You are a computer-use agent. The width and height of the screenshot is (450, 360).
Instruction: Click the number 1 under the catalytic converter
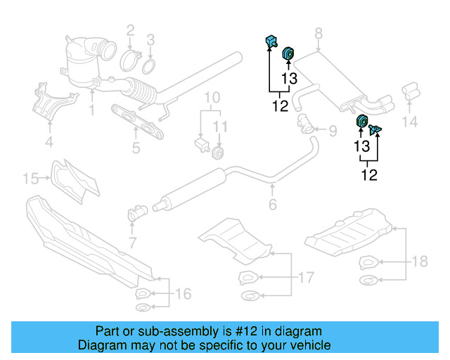(91, 110)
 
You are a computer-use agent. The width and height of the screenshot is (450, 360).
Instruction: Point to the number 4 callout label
(49, 144)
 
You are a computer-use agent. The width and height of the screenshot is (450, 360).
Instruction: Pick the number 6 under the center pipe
(272, 205)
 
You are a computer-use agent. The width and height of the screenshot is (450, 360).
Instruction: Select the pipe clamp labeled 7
(133, 214)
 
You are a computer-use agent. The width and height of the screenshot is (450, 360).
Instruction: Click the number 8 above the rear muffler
(318, 32)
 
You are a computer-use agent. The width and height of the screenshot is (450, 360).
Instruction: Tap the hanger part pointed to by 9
(305, 126)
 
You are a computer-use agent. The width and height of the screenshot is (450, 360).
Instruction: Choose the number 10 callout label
(211, 97)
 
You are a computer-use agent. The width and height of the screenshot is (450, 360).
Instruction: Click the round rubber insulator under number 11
(219, 152)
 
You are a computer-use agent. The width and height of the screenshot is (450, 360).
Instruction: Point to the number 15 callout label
(30, 179)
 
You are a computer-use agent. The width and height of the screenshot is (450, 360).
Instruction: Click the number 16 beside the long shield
(182, 293)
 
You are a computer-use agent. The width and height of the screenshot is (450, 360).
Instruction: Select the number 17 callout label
(306, 278)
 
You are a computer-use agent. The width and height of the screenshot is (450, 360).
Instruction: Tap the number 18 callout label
(419, 262)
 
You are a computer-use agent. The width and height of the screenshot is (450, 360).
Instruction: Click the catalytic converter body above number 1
(84, 63)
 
